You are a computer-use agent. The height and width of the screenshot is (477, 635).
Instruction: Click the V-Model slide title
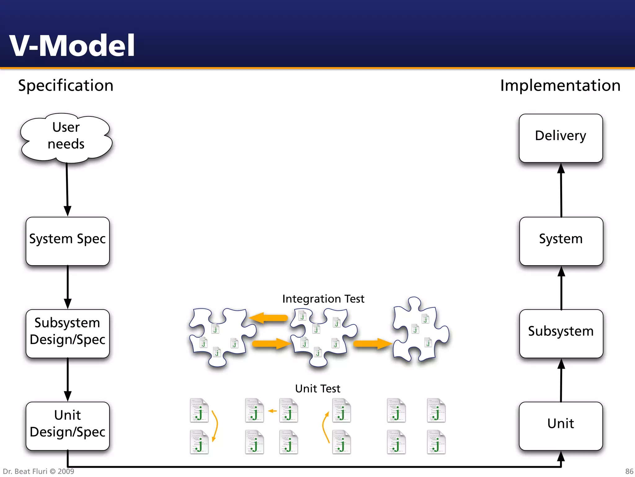[x=72, y=46]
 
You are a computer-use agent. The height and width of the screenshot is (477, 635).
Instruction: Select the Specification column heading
[x=66, y=85]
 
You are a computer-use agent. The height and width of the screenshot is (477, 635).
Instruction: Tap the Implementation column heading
[x=560, y=85]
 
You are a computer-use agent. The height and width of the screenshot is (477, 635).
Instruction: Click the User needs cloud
[x=66, y=137]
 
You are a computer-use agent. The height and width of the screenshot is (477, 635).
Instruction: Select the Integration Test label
[x=323, y=299]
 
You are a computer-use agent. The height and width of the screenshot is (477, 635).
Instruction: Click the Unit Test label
[x=317, y=388]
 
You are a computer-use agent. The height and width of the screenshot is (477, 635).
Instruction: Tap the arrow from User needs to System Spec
[x=67, y=189]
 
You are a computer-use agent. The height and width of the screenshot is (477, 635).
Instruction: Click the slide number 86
[x=629, y=471]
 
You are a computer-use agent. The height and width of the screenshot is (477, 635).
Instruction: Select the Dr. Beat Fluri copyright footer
[x=38, y=471]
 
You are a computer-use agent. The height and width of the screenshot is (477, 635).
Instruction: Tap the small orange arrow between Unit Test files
[x=272, y=411]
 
